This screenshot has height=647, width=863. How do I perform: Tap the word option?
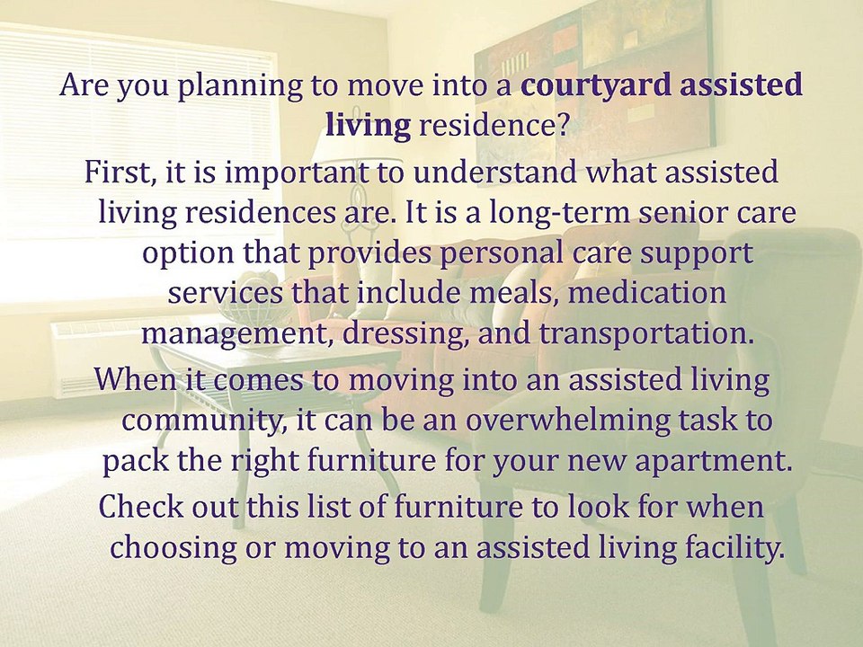pyautogui.click(x=187, y=254)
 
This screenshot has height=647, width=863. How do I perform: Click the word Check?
pyautogui.click(x=138, y=506)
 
